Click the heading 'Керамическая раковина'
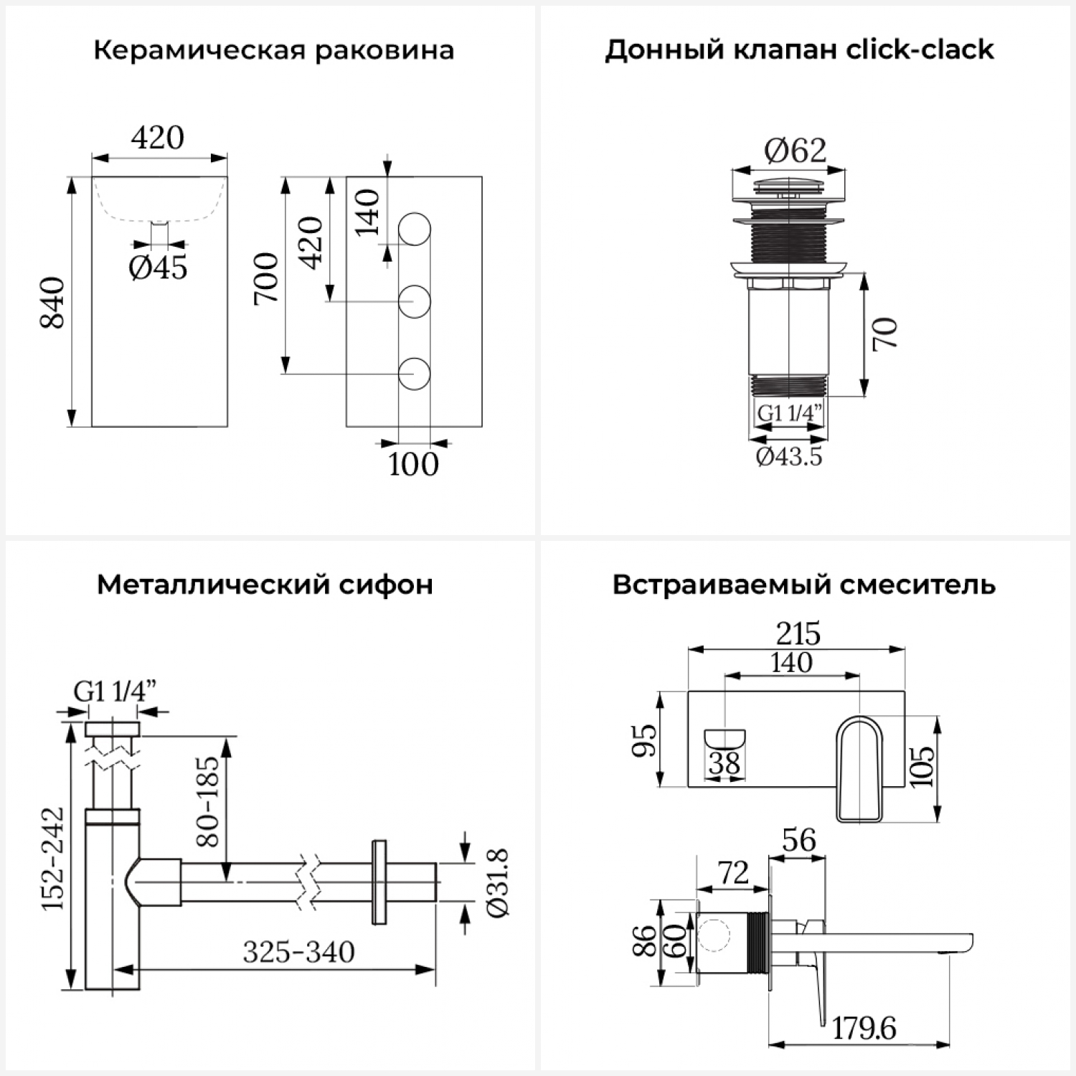click(x=273, y=51)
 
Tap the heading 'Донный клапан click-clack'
click(x=799, y=50)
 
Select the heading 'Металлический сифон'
click(x=265, y=585)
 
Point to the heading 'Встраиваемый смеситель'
click(x=803, y=585)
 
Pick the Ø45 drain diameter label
click(x=158, y=268)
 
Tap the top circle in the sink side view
click(x=414, y=229)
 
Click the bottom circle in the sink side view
click(x=414, y=373)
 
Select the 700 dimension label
click(x=266, y=278)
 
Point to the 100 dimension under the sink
click(x=413, y=464)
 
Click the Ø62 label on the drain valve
click(x=795, y=151)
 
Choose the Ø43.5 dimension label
click(x=788, y=456)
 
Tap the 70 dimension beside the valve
click(x=885, y=333)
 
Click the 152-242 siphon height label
click(x=52, y=859)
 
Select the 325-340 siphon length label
click(x=298, y=953)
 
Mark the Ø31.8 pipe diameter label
click(x=497, y=882)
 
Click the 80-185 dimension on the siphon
click(x=207, y=801)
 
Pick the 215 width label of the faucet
click(x=798, y=634)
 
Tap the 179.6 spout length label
click(x=864, y=1029)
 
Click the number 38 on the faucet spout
click(x=725, y=763)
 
